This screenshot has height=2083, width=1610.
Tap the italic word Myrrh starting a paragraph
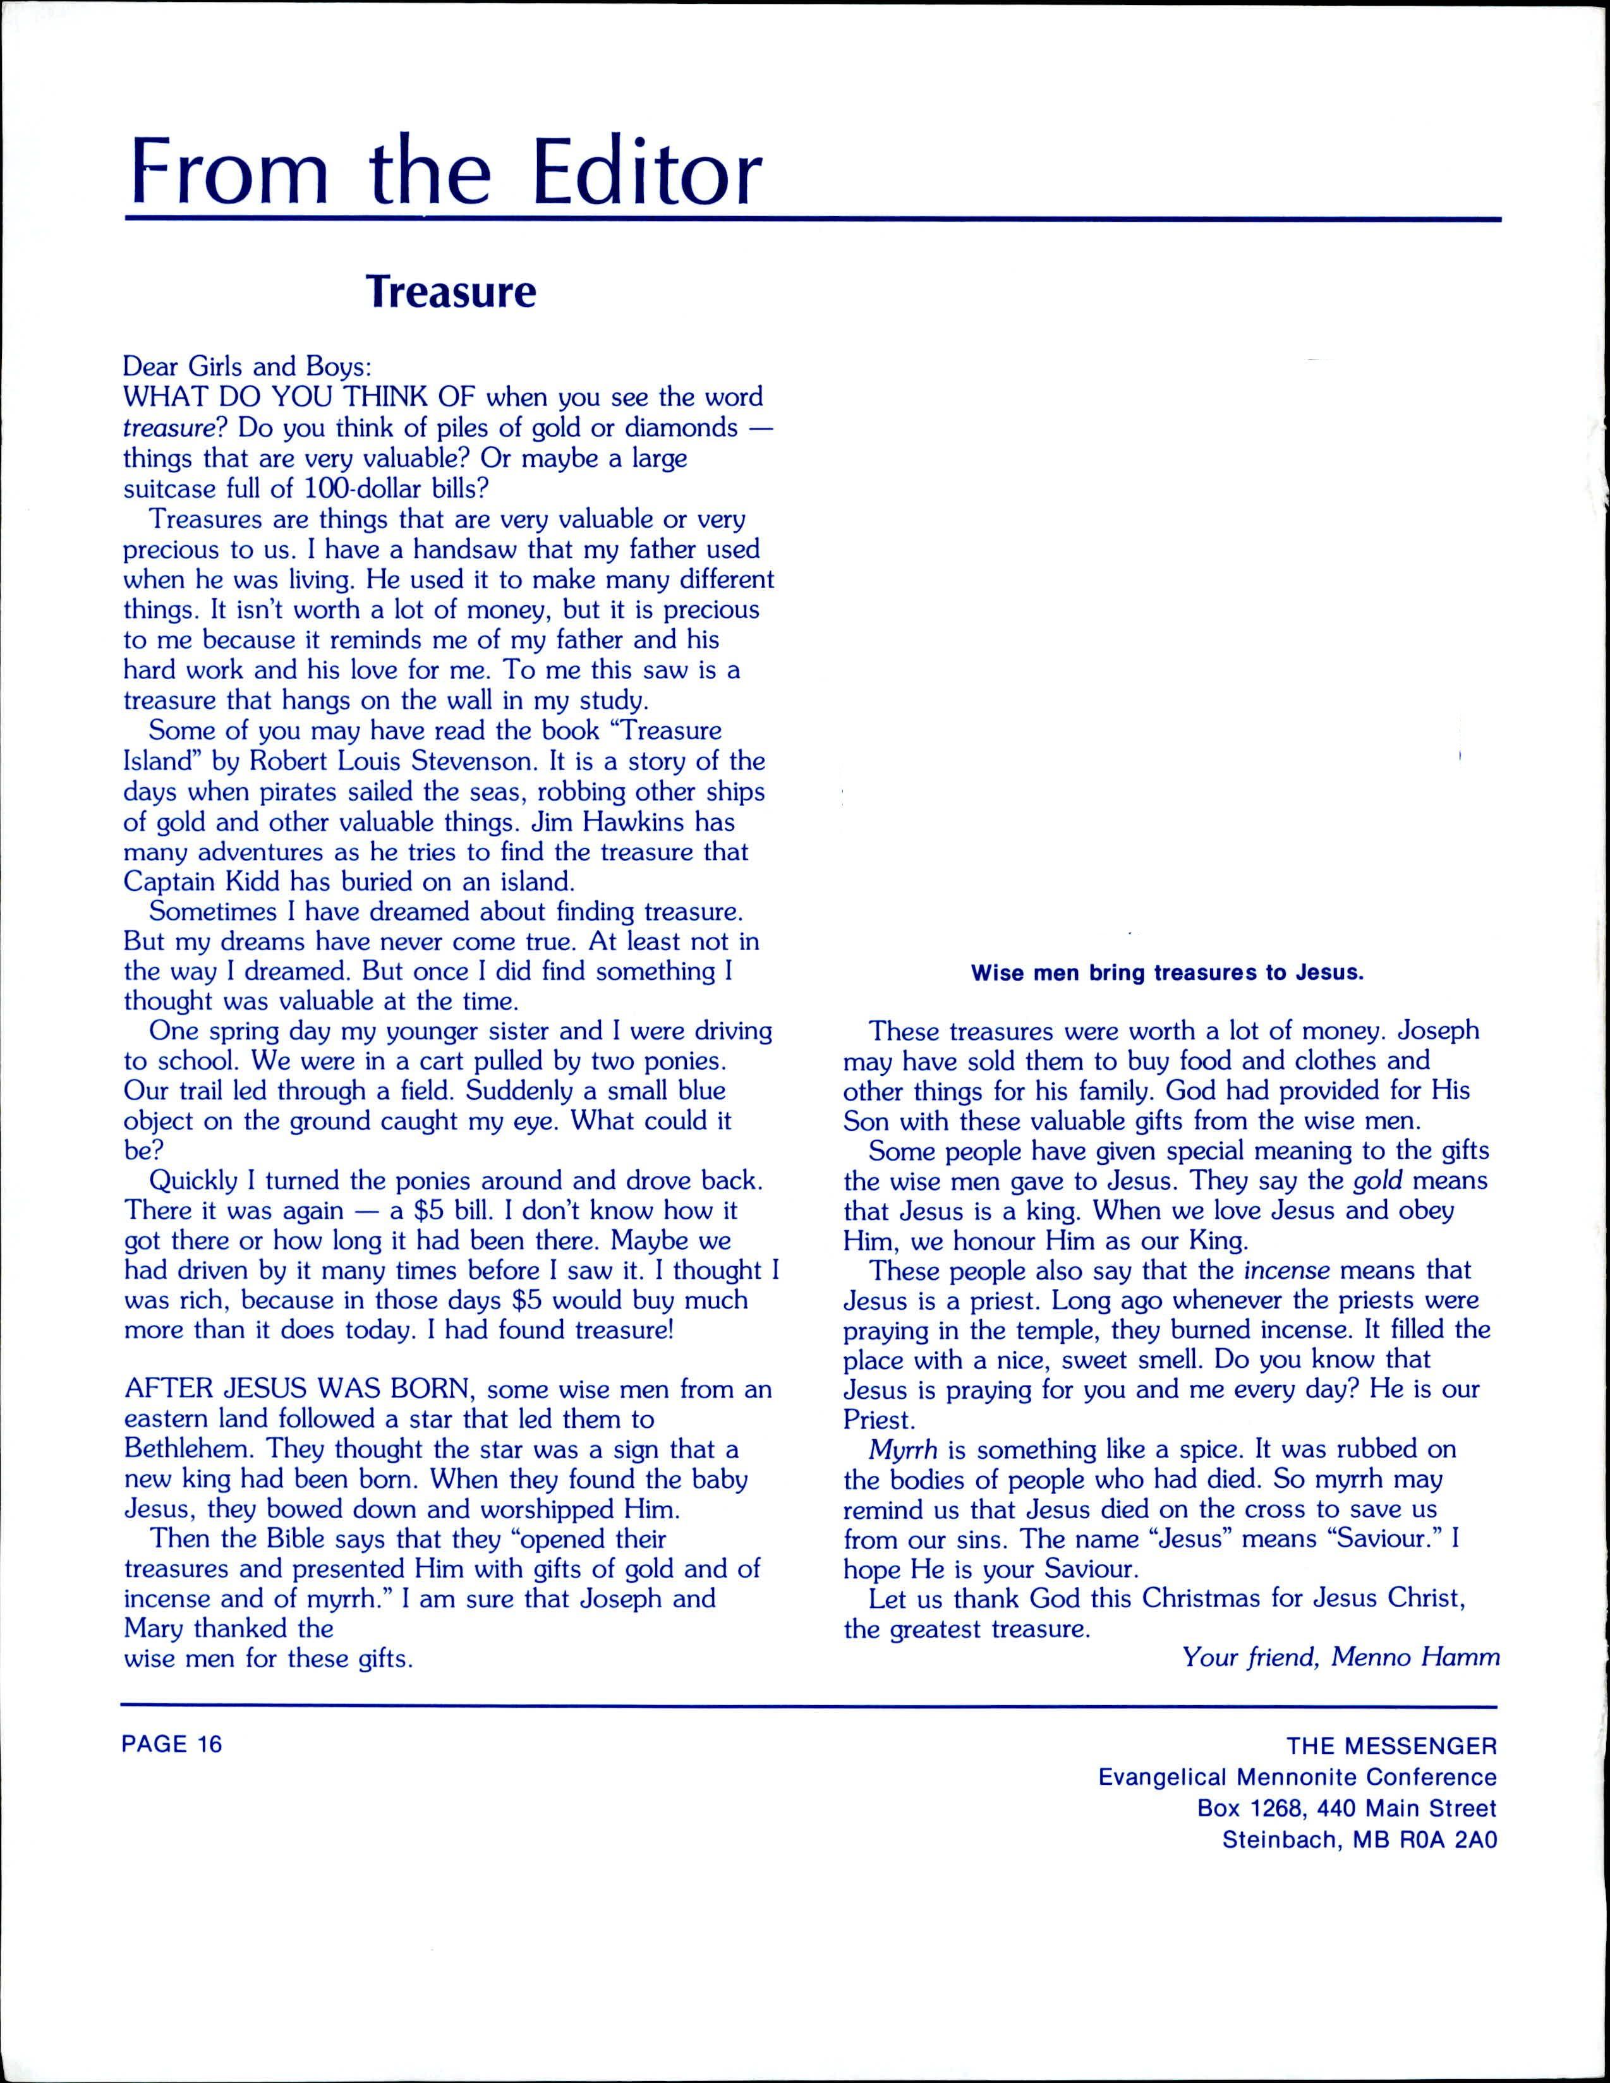[903, 1450]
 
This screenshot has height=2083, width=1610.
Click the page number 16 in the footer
[210, 1744]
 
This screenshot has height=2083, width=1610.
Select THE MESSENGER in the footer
[1391, 1746]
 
